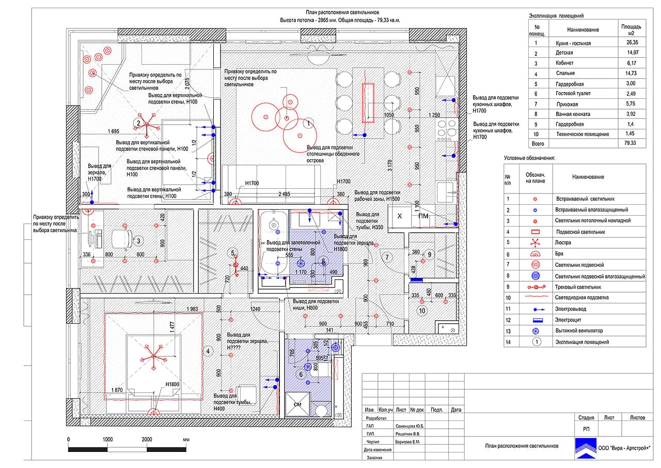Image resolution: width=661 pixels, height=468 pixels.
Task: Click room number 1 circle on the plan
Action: (308, 123)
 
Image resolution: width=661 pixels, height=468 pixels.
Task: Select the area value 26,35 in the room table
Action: (631, 43)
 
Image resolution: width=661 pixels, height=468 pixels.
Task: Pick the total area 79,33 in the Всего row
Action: (631, 144)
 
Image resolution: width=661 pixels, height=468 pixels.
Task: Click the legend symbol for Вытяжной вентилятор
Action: (536, 331)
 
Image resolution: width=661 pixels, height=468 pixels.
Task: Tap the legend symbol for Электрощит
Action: (536, 320)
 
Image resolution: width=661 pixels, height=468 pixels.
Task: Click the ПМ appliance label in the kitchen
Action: (423, 216)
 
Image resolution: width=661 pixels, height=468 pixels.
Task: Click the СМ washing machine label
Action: (297, 404)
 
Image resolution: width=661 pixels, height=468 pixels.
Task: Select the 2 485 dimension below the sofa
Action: (284, 194)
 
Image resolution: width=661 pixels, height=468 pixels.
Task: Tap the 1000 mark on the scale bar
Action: (107, 440)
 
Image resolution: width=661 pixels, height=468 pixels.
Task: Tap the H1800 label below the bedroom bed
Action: (172, 384)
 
